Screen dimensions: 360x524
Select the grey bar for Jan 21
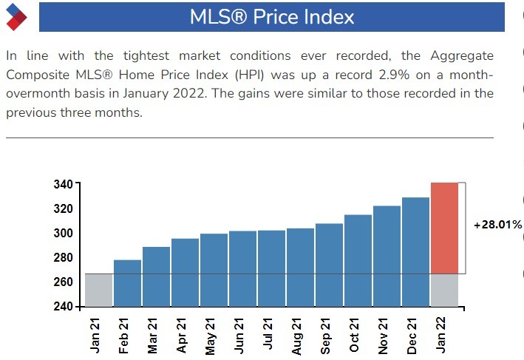click(x=98, y=290)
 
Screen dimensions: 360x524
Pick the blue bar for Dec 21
click(x=415, y=251)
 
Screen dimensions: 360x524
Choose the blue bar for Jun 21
click(x=242, y=268)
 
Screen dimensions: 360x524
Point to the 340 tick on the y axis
click(x=64, y=184)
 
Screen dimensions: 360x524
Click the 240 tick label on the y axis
click(x=64, y=307)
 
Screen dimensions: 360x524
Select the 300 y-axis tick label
click(x=64, y=234)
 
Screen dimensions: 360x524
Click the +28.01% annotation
click(x=497, y=225)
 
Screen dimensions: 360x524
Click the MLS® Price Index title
click(x=272, y=17)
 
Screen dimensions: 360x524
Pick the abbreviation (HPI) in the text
click(x=268, y=75)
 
